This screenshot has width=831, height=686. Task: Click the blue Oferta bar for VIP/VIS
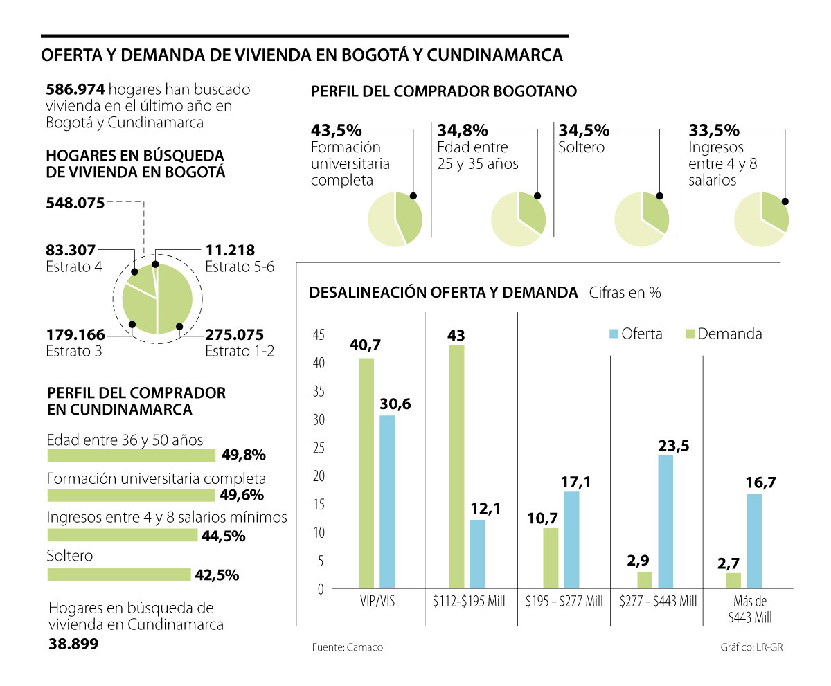[x=387, y=502]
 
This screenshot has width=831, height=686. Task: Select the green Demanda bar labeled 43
[x=456, y=467]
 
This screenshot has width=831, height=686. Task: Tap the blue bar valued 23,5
[x=665, y=522]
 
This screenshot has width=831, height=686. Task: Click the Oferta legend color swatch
[x=613, y=334]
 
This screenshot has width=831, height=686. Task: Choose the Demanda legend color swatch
[x=689, y=334]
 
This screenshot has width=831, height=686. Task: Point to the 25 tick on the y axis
[x=319, y=448]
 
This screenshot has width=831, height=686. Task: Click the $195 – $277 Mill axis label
[x=564, y=601]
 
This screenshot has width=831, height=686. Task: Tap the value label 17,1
[x=576, y=481]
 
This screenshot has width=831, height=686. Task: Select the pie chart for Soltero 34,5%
[x=642, y=219]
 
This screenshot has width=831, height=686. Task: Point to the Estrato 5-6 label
[x=240, y=267]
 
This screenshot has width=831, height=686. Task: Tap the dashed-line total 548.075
[x=75, y=203]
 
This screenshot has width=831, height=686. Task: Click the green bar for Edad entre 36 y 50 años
[x=131, y=455]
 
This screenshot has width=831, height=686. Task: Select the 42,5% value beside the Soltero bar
[x=217, y=575]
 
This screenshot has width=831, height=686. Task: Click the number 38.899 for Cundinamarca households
[x=73, y=643]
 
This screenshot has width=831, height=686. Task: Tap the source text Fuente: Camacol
[x=348, y=647]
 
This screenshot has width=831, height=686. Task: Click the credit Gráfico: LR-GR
[x=752, y=647]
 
